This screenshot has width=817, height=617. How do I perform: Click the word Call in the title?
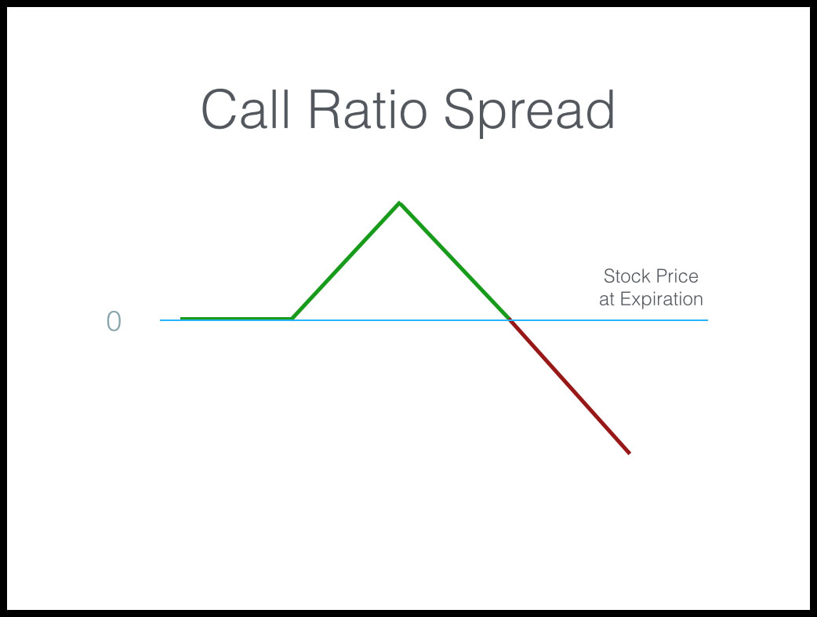pyautogui.click(x=245, y=109)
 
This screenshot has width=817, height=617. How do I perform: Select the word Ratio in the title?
pyautogui.click(x=368, y=109)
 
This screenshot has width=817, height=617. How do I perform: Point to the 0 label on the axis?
pyautogui.click(x=114, y=321)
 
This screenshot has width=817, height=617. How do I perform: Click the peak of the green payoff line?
pyautogui.click(x=400, y=203)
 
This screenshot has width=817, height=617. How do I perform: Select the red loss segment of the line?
pyautogui.click(x=570, y=386)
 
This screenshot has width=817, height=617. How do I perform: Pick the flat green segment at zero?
pyautogui.click(x=236, y=318)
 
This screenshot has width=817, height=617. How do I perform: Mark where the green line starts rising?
pyautogui.click(x=292, y=318)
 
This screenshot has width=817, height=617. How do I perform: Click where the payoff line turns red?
pyautogui.click(x=510, y=320)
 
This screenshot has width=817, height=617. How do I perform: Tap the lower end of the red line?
pyautogui.click(x=630, y=453)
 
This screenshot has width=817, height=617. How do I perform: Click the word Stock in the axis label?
pyautogui.click(x=626, y=276)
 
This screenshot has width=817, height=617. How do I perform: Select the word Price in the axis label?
pyautogui.click(x=677, y=276)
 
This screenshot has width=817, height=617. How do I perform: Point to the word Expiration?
pyautogui.click(x=662, y=300)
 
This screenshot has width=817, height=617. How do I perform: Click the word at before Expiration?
pyautogui.click(x=607, y=300)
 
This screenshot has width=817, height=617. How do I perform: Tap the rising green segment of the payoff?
pyautogui.click(x=346, y=260)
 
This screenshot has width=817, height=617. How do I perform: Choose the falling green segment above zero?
pyautogui.click(x=455, y=261)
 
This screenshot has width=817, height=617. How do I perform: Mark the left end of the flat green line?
pyautogui.click(x=181, y=318)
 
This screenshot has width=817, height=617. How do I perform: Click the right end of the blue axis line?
pyautogui.click(x=707, y=319)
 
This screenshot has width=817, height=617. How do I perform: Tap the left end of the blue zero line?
pyautogui.click(x=161, y=319)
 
